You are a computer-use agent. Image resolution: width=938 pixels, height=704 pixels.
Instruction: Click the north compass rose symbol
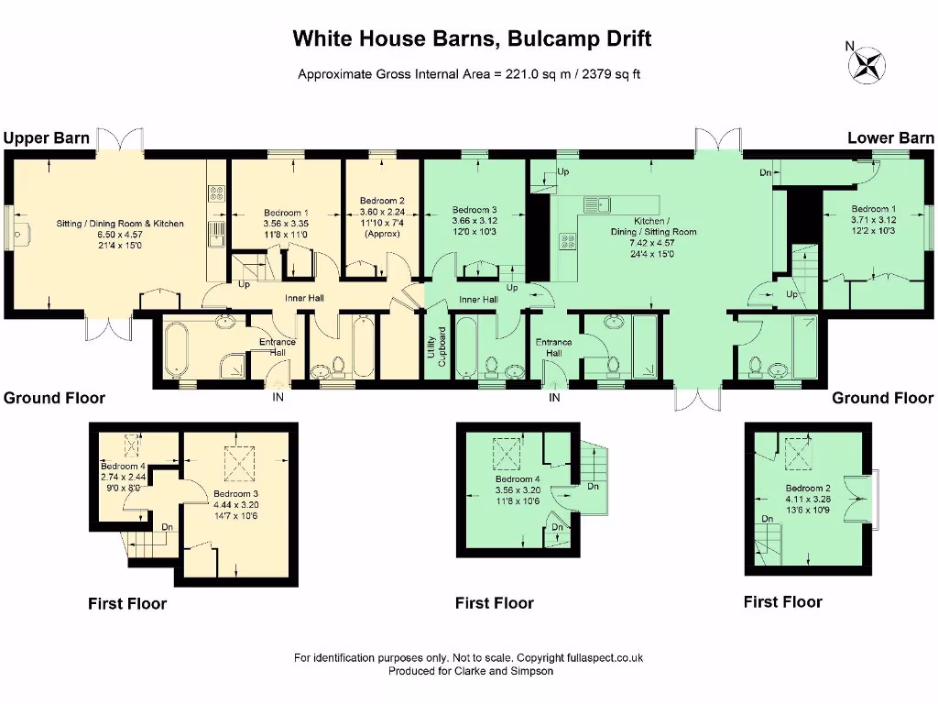pyautogui.click(x=867, y=64)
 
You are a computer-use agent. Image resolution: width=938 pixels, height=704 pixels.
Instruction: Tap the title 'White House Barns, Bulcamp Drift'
pyautogui.click(x=472, y=38)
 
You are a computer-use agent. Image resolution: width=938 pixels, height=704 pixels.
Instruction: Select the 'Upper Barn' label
pyautogui.click(x=47, y=138)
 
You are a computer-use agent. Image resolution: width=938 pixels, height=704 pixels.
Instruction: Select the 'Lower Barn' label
pyautogui.click(x=890, y=138)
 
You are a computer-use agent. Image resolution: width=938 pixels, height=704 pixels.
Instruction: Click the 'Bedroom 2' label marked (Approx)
pyautogui.click(x=382, y=217)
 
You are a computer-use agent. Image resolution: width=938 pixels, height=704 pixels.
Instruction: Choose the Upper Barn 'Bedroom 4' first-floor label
pyautogui.click(x=124, y=471)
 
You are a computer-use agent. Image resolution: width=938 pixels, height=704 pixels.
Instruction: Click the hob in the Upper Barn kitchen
pyautogui.click(x=218, y=193)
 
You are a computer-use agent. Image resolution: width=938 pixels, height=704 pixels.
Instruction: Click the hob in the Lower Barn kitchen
pyautogui.click(x=568, y=242)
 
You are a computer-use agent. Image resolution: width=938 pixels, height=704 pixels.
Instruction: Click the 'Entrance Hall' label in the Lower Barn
pyautogui.click(x=553, y=347)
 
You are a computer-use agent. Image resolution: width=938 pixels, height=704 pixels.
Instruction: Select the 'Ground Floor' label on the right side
pyautogui.click(x=882, y=398)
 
